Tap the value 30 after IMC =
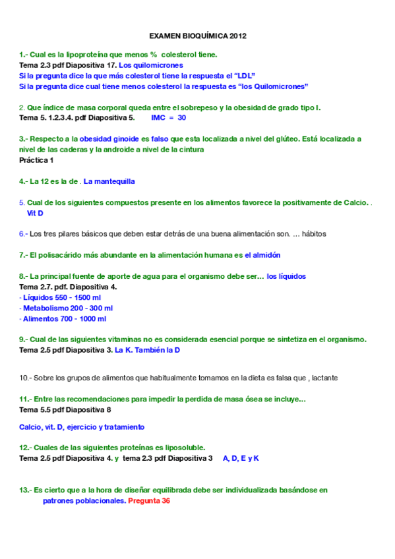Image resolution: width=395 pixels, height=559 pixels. coord(182,118)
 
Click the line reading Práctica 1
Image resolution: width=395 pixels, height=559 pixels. coord(36,160)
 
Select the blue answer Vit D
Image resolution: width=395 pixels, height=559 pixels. coord(35,213)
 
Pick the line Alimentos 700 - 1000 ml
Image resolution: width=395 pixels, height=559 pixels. coord(63,318)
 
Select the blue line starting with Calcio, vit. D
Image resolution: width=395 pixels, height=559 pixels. coord(82,427)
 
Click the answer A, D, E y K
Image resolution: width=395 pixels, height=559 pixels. coord(241,458)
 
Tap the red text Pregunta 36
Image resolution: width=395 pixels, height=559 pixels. coord(149,501)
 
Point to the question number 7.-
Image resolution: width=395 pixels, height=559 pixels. coord(24,255)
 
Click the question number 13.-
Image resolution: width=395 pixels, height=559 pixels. coord(26,490)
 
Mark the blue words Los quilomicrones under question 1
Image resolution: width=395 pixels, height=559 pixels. coord(150,65)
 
